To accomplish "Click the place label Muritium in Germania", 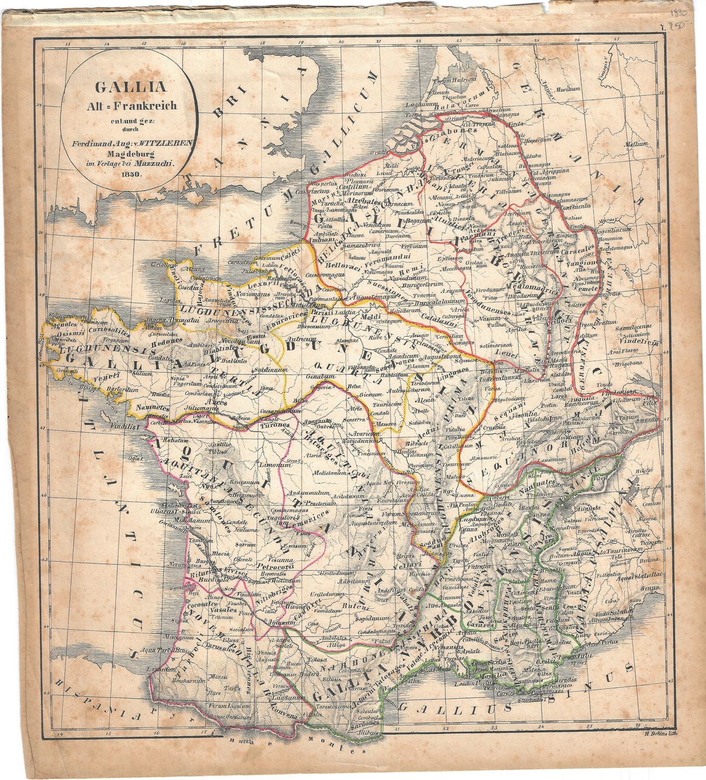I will (x=567, y=89).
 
